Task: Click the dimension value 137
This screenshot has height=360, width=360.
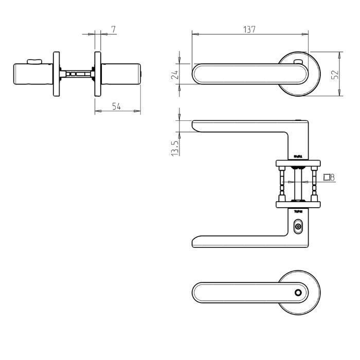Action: click(x=249, y=29)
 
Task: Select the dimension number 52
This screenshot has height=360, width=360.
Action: click(x=335, y=74)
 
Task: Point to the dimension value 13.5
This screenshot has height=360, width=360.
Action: click(x=175, y=148)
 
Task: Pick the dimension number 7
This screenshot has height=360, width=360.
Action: click(x=113, y=29)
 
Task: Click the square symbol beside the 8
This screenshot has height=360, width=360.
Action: click(x=327, y=177)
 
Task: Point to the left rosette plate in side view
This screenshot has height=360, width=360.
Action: click(x=56, y=74)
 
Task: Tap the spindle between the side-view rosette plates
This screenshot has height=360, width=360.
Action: click(x=77, y=74)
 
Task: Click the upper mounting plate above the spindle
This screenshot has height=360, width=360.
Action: click(x=298, y=163)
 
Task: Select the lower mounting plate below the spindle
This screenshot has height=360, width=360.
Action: click(x=298, y=204)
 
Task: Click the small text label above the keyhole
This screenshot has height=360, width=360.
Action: click(x=298, y=211)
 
